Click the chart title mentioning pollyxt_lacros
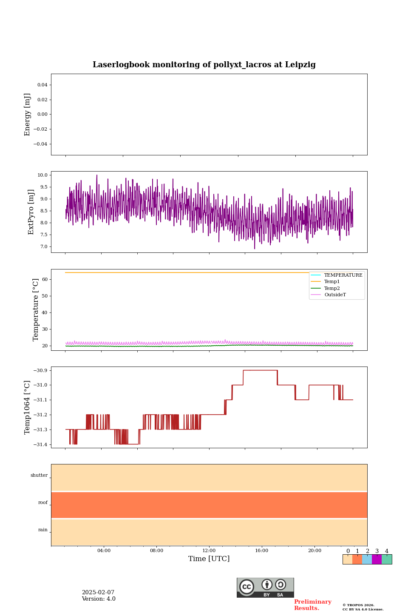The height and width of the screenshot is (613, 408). [x=204, y=65]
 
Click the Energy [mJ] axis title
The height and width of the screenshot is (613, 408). [x=28, y=115]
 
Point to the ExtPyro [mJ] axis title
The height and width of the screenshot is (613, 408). [x=31, y=212]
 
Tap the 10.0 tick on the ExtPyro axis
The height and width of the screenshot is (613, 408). [x=43, y=175]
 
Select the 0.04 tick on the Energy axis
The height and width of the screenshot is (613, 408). [x=42, y=85]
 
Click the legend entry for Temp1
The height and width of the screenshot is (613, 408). [x=332, y=282]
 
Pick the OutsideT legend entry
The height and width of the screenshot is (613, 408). [x=335, y=295]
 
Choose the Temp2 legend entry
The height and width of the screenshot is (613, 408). [x=332, y=288]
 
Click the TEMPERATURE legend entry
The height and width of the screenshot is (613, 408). [x=343, y=275]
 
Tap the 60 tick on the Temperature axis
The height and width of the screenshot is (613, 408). [x=45, y=280]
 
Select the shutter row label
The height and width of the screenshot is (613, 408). [x=39, y=476]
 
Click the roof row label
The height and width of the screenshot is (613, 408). [x=43, y=503]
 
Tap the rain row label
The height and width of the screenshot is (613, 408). [x=43, y=530]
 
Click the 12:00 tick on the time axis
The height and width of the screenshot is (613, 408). [x=209, y=550]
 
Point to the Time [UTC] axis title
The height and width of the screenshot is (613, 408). [x=209, y=559]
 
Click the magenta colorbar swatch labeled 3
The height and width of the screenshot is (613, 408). [x=377, y=559]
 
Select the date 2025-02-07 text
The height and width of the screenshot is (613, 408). [x=98, y=593]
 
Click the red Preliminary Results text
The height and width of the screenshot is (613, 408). [x=312, y=605]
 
